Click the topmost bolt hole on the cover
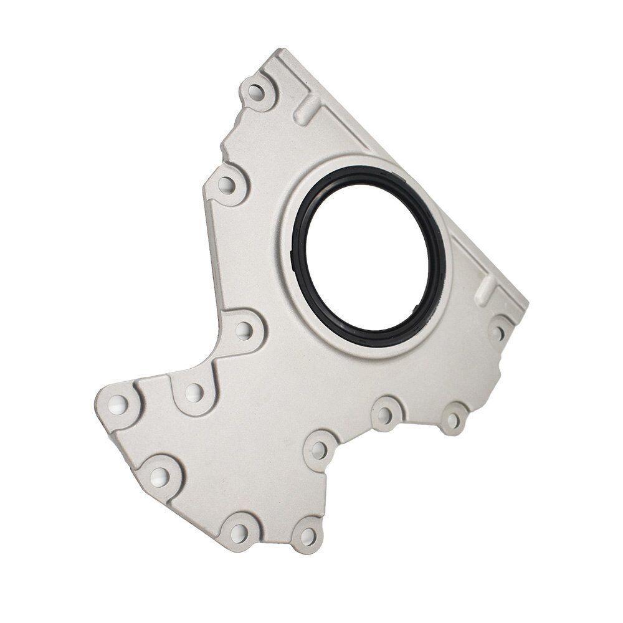(x=255, y=93)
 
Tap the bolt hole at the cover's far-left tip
(x=118, y=406)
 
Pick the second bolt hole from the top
(x=227, y=184)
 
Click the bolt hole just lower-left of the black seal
(x=244, y=330)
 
